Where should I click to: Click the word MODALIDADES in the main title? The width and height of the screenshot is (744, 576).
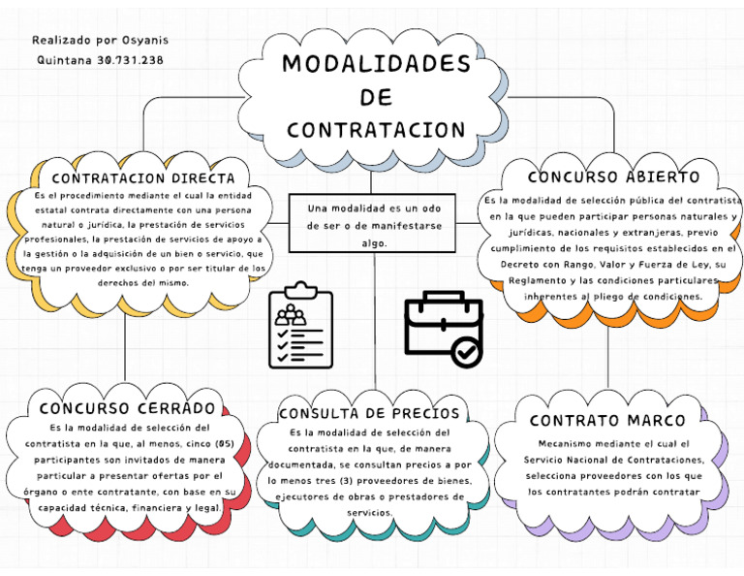(x=376, y=64)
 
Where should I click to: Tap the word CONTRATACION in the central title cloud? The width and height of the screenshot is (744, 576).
(x=376, y=130)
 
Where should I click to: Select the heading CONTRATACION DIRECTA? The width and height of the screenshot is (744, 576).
(x=143, y=178)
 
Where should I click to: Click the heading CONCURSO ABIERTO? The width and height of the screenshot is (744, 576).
(x=613, y=177)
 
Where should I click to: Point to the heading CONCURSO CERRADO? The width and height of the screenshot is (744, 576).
(x=127, y=407)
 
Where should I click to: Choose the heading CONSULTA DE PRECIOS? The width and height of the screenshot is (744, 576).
(x=369, y=414)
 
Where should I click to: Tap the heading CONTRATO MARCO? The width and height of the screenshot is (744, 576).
(x=607, y=420)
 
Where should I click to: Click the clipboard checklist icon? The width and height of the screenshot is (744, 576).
(x=300, y=325)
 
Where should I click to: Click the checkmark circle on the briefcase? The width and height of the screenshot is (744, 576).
(x=467, y=351)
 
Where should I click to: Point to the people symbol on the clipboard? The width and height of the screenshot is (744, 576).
(x=290, y=314)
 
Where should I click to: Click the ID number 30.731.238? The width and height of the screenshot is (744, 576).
(x=130, y=60)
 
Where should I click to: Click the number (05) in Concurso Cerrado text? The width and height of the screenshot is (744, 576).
(x=225, y=444)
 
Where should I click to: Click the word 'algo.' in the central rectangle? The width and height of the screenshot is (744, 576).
(x=373, y=243)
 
